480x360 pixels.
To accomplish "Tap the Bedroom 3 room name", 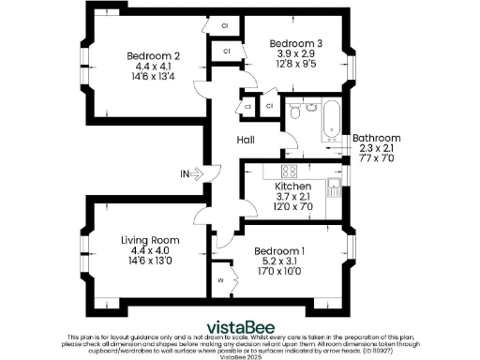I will pos(295,43).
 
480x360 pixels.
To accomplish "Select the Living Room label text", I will pos(150,240).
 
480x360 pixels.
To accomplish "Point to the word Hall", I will pos(246,140).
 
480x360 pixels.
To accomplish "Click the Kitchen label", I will pos(292,187).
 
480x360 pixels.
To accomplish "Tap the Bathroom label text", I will pos(376,138).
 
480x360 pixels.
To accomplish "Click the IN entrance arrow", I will pos(192,173).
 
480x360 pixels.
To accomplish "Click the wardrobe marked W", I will pos(222,280).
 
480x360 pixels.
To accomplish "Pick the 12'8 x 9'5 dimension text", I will pos(295,65).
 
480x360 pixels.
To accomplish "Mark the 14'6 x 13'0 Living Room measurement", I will pos(150,262).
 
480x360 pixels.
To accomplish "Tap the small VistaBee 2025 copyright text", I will pos(240,356).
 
